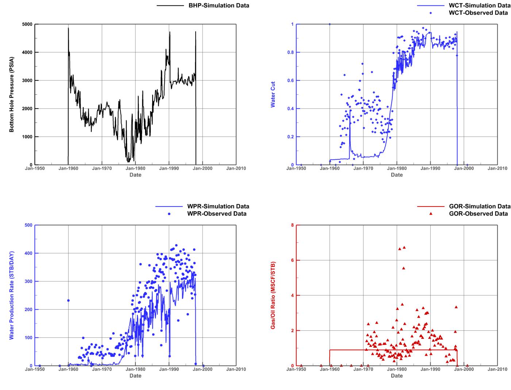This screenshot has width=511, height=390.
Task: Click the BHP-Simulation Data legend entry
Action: (219, 5)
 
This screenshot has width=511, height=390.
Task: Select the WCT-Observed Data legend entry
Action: (478, 13)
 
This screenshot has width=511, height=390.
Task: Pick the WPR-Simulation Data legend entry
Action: (218, 207)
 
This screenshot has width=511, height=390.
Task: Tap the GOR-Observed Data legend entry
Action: (478, 214)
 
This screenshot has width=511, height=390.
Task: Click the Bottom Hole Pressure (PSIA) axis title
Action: (12, 94)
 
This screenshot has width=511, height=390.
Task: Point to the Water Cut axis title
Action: (273, 94)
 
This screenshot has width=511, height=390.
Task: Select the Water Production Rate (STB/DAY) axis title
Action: (12, 295)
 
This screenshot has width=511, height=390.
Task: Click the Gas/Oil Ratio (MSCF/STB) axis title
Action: (273, 295)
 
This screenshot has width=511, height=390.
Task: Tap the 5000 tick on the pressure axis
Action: (27, 24)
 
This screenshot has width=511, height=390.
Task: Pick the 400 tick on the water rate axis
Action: (28, 253)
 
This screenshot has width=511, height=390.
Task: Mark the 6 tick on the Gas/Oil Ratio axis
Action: (292, 260)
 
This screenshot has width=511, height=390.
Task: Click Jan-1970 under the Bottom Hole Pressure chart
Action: (102, 169)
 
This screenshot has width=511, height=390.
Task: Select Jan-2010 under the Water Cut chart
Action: (497, 169)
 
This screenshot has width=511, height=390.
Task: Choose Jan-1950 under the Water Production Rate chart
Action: (35, 370)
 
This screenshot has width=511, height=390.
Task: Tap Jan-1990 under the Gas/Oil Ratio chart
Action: (430, 370)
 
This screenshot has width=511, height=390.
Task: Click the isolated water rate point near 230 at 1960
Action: (68, 300)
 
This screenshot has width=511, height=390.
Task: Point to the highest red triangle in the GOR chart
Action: (404, 247)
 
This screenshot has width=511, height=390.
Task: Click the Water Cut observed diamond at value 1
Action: (330, 24)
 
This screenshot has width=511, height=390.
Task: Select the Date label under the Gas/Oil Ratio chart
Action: (397, 376)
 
